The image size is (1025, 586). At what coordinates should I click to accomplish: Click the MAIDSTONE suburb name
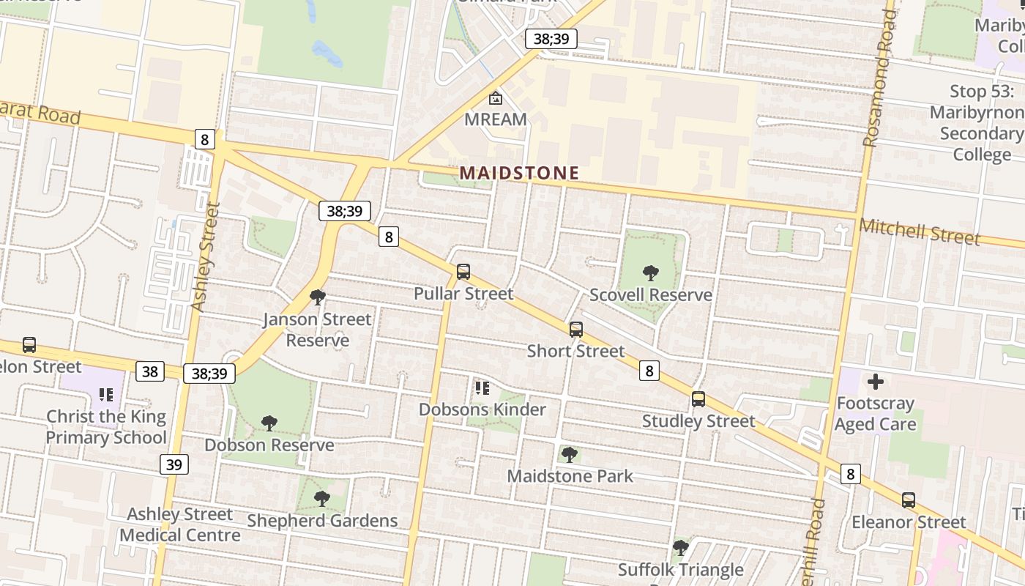519,173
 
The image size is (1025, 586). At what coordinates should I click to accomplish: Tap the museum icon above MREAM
496,97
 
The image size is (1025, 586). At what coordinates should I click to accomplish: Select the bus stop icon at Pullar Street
463,272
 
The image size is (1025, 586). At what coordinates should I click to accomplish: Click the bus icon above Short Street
576,330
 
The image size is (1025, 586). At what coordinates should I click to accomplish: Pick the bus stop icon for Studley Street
698,399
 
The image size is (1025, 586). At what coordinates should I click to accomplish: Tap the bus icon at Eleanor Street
908,500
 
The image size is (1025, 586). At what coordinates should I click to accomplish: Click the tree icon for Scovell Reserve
650,273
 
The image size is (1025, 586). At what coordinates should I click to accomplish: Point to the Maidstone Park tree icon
570,455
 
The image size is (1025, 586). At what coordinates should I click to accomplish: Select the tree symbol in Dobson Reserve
269,423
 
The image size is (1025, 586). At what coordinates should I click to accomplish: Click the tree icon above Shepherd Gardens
321,499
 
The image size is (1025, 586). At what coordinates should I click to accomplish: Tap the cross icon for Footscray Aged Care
875,382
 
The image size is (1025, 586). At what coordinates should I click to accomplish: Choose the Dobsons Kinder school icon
482,387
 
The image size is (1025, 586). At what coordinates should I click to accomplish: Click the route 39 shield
174,464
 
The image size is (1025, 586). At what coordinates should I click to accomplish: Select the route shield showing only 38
150,371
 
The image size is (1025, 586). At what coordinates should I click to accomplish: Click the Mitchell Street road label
920,231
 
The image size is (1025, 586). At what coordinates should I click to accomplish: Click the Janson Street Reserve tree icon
318,297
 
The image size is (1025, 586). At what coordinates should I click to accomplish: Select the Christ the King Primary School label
106,427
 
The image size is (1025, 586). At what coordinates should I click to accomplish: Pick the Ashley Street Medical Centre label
180,524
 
